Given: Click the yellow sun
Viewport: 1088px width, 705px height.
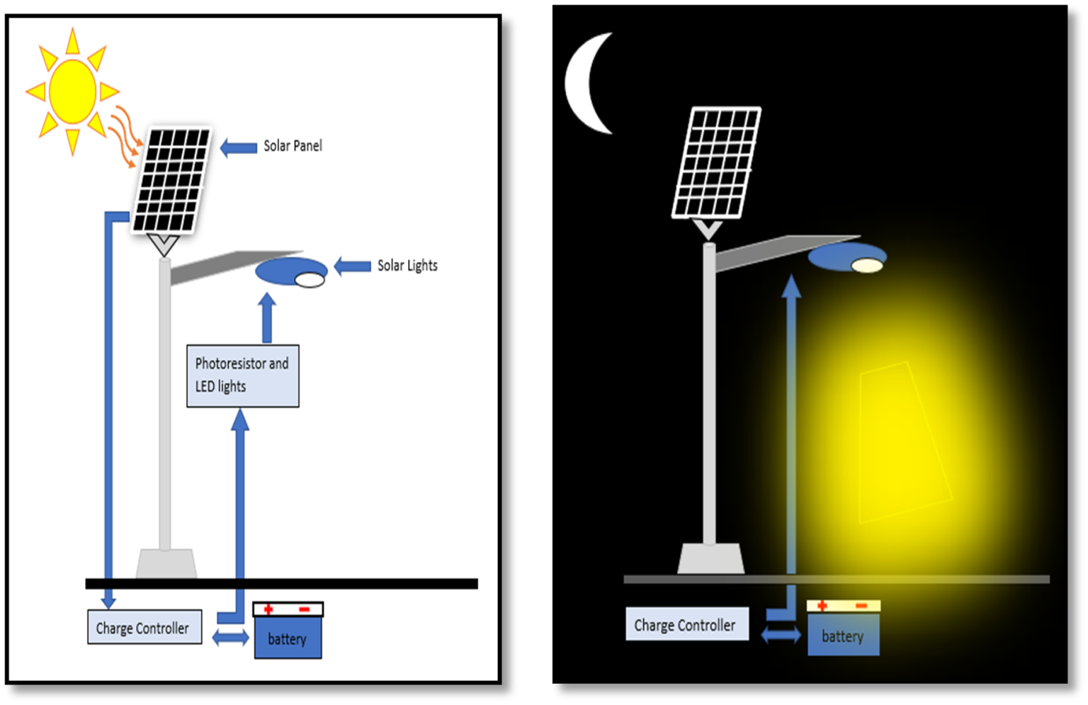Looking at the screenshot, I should (72, 91).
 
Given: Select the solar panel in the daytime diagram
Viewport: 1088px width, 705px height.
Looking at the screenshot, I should (171, 180).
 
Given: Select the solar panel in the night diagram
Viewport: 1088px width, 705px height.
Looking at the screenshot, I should (715, 162).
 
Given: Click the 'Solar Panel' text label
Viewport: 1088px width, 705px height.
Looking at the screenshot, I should (293, 146).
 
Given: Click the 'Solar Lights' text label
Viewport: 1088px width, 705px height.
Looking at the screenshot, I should (407, 266).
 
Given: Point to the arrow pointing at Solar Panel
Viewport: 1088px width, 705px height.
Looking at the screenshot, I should (239, 147).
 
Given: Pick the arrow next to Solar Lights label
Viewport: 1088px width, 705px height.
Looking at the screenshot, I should (352, 266).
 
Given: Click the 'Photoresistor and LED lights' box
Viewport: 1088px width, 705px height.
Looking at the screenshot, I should (242, 376).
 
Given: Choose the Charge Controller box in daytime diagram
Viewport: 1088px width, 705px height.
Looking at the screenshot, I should (144, 628).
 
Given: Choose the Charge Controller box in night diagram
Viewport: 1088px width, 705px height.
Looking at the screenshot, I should (686, 624).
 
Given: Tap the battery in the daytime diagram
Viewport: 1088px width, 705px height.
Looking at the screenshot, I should (288, 637).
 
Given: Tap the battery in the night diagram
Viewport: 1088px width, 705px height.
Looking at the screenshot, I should (843, 634).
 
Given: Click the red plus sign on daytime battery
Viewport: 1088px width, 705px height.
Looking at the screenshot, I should (268, 609).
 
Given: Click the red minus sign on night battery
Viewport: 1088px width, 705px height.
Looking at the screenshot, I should (861, 606).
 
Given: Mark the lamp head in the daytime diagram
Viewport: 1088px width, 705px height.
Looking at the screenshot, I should (291, 273).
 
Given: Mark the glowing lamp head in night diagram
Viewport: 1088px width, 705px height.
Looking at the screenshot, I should (847, 258).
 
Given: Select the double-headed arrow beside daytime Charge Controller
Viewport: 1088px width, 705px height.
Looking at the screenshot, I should (230, 638).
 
